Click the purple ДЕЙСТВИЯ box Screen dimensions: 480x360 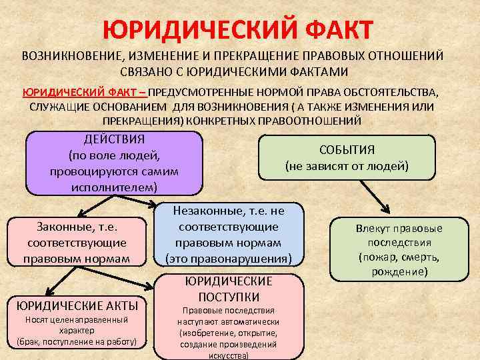pyautogui.click(x=114, y=163)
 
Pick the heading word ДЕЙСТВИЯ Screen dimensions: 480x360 pyautogui.click(x=114, y=139)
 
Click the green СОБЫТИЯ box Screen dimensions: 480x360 pyautogui.click(x=347, y=157)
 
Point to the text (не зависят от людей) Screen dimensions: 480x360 pyautogui.click(x=347, y=166)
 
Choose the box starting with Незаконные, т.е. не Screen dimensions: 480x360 pyautogui.click(x=229, y=235)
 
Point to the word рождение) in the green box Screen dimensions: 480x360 pyautogui.click(x=399, y=271)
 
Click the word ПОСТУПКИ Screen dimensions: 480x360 pyautogui.click(x=229, y=297)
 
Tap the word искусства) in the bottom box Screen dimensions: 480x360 pyautogui.click(x=229, y=355)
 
